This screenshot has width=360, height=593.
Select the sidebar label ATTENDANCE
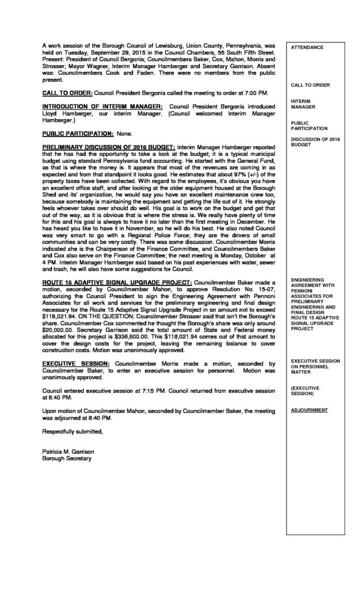click(x=307, y=47)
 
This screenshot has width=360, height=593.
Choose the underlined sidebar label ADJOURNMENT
click(x=309, y=410)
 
